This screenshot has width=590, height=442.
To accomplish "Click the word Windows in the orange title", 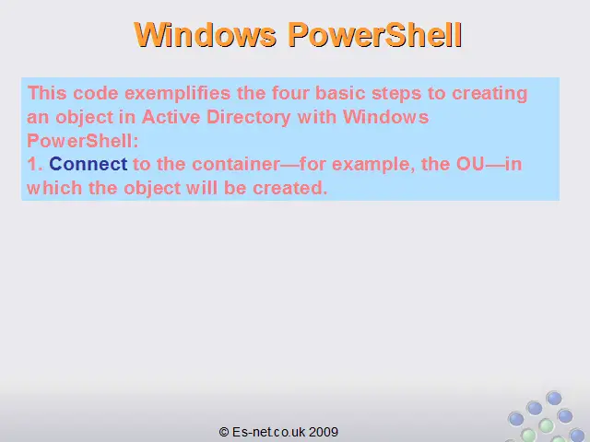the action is tap(206, 35).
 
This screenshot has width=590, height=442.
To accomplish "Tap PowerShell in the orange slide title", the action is tap(375, 35).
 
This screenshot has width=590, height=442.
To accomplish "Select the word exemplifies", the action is tap(178, 94).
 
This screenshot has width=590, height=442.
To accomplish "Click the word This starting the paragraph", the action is tap(47, 93).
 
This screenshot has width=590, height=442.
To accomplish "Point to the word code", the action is tap(96, 93).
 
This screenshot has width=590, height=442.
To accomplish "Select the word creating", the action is tap(490, 94).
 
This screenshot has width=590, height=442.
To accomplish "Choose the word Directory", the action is tap(249, 118).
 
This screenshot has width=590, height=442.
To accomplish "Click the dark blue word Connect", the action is tap(88, 164).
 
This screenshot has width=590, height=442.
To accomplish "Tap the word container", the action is tap(236, 164).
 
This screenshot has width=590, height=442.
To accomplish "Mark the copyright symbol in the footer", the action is tap(224, 432).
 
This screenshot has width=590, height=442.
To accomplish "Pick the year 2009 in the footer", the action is tap(324, 432).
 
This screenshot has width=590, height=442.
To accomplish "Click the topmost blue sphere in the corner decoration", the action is tap(554, 398).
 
